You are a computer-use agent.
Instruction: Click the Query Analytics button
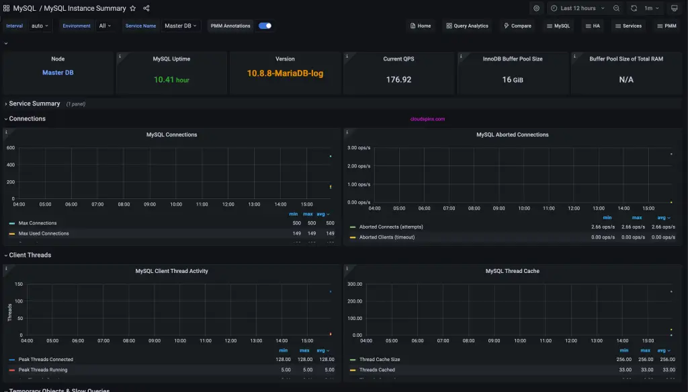point(467,26)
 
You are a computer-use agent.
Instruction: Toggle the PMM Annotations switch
point(265,26)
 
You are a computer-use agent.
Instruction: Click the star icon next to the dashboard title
point(132,8)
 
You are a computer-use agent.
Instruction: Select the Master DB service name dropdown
point(181,26)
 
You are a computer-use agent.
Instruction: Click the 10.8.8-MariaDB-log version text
point(285,73)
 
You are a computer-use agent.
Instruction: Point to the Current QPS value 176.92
point(398,79)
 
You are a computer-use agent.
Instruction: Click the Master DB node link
point(58,73)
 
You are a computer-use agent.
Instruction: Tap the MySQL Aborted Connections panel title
point(512,134)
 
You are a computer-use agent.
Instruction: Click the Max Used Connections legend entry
point(44,233)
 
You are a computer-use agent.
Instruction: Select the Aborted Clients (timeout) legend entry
point(386,237)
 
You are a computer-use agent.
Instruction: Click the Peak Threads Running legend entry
point(43,370)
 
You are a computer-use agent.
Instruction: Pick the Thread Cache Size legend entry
point(380,360)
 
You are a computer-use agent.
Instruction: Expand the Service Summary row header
point(34,104)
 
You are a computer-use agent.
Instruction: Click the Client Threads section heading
point(30,255)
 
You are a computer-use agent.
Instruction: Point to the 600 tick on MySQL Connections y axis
point(10,147)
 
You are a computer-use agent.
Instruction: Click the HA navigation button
point(593,26)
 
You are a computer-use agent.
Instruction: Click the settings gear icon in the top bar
point(536,8)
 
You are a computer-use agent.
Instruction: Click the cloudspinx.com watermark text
point(427,119)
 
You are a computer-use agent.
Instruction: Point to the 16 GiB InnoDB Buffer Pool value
point(512,79)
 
